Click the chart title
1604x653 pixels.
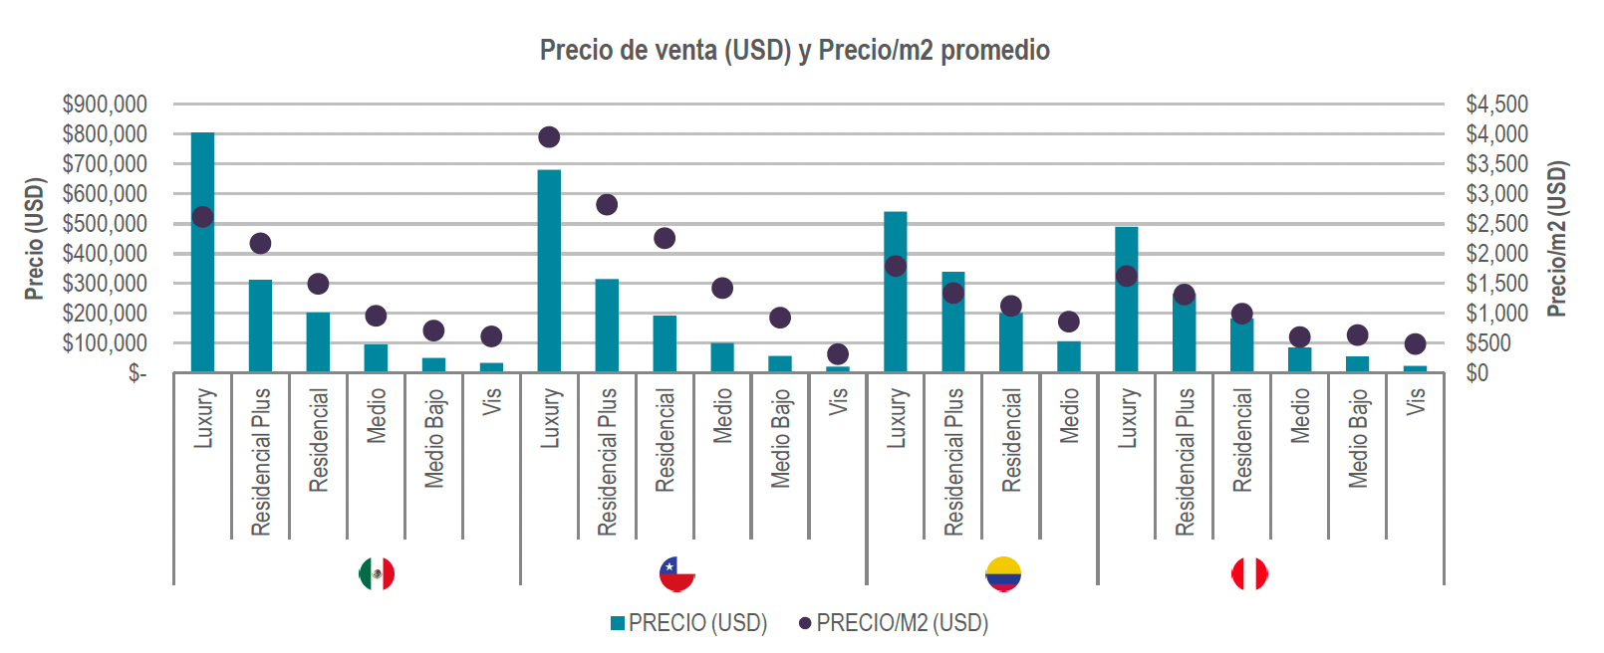pos(794,50)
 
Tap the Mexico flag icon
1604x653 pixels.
pos(377,573)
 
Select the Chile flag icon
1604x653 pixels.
pos(677,573)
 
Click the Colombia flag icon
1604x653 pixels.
pos(1003,573)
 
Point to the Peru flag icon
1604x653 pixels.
pos(1249,573)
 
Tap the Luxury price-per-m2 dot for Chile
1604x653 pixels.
pos(549,137)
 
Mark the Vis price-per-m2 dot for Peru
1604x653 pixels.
pos(1415,344)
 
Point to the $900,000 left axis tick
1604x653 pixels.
pos(105,105)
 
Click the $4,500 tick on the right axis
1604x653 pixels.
pos(1496,105)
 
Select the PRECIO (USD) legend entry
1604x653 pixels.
pos(689,623)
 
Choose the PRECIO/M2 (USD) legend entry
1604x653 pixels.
pos(894,623)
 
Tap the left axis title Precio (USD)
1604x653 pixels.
pos(35,239)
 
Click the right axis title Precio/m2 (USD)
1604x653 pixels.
pos(1557,239)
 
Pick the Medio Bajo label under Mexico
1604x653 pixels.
pos(434,438)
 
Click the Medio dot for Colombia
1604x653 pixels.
pos(1069,322)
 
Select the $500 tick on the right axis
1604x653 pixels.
pos(1488,343)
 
